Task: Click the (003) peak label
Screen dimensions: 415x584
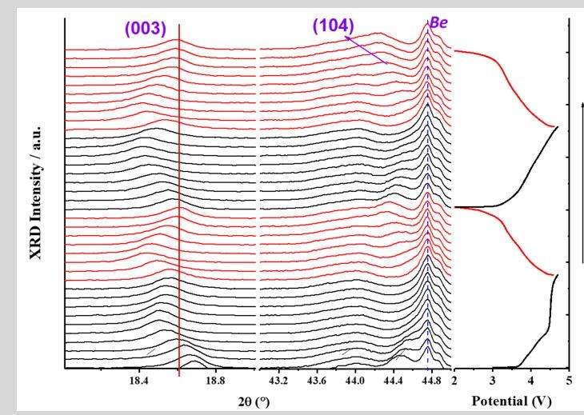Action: tap(144, 30)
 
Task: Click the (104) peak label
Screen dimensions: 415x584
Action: tap(332, 26)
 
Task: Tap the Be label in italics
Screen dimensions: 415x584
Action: tap(439, 23)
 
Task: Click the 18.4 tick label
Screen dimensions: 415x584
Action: tap(138, 381)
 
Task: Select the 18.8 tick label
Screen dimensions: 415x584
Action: tap(215, 381)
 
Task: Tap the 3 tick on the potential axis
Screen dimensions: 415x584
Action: tap(493, 381)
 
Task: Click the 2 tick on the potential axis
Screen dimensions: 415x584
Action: tap(454, 381)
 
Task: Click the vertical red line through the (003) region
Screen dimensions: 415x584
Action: tap(178, 200)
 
